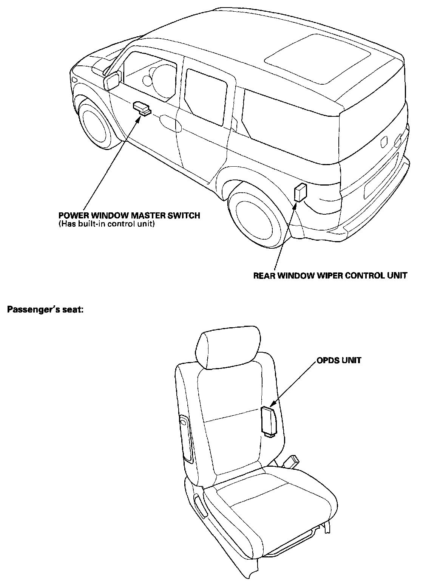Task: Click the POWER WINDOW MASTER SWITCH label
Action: click(129, 215)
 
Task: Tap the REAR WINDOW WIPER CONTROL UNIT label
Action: click(330, 275)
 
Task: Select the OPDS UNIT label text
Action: click(339, 361)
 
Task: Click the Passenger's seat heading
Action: click(45, 310)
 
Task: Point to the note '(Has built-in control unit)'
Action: click(107, 224)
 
